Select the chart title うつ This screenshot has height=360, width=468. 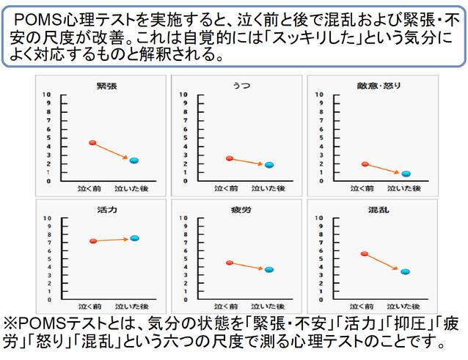point(235,86)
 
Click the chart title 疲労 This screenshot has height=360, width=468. point(235,210)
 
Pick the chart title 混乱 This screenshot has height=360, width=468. point(375,210)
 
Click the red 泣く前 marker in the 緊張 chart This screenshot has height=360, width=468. point(92,142)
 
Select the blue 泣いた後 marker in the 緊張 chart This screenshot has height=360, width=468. point(134,161)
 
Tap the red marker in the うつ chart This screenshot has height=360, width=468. point(230,158)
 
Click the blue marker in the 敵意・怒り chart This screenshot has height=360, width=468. point(406,174)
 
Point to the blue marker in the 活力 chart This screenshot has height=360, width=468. point(134,238)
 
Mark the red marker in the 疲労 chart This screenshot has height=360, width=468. point(230,262)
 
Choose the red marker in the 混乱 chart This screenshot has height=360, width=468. point(365,254)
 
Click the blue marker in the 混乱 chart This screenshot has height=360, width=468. point(406,272)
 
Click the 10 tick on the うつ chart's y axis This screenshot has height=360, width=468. point(183,95)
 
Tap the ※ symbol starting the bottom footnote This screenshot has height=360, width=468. point(11,323)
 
